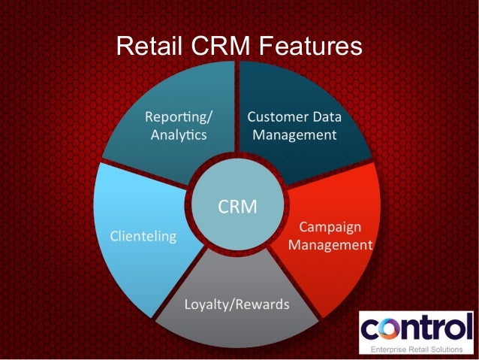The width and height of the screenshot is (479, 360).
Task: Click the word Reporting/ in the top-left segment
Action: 179,117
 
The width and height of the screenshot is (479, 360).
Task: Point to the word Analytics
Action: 179,135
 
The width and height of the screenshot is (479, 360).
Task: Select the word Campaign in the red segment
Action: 330,227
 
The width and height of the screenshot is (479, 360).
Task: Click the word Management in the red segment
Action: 330,245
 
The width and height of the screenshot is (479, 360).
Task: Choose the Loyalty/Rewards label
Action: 236,305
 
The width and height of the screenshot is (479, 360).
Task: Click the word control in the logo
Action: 416,329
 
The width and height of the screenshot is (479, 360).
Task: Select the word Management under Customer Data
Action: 294,135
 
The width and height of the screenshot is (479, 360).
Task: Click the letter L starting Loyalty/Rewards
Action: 188,305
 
